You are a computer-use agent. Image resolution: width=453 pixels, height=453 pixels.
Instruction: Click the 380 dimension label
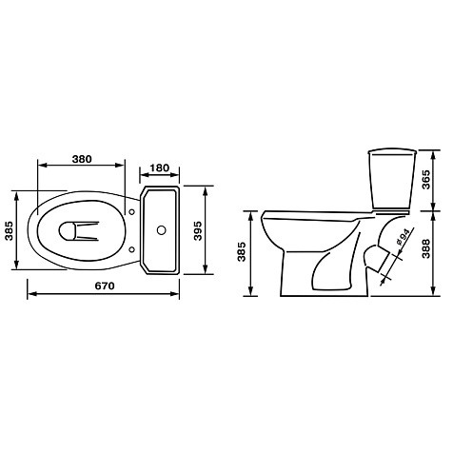coord(82,159)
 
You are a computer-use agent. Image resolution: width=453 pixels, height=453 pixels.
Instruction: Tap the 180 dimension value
coord(160,167)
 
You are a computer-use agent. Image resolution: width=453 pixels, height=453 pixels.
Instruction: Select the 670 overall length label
coord(105,286)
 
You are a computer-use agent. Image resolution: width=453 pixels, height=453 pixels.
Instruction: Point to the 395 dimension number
coord(198,230)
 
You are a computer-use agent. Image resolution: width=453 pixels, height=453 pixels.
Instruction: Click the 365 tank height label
coord(426,180)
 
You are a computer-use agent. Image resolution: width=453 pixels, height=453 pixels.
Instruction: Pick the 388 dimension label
coord(426,248)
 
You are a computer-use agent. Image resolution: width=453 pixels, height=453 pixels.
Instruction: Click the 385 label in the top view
coord(10,230)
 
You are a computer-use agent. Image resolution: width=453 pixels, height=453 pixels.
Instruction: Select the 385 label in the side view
coord(242,251)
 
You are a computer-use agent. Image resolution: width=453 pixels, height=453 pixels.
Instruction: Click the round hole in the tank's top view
coord(162,230)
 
